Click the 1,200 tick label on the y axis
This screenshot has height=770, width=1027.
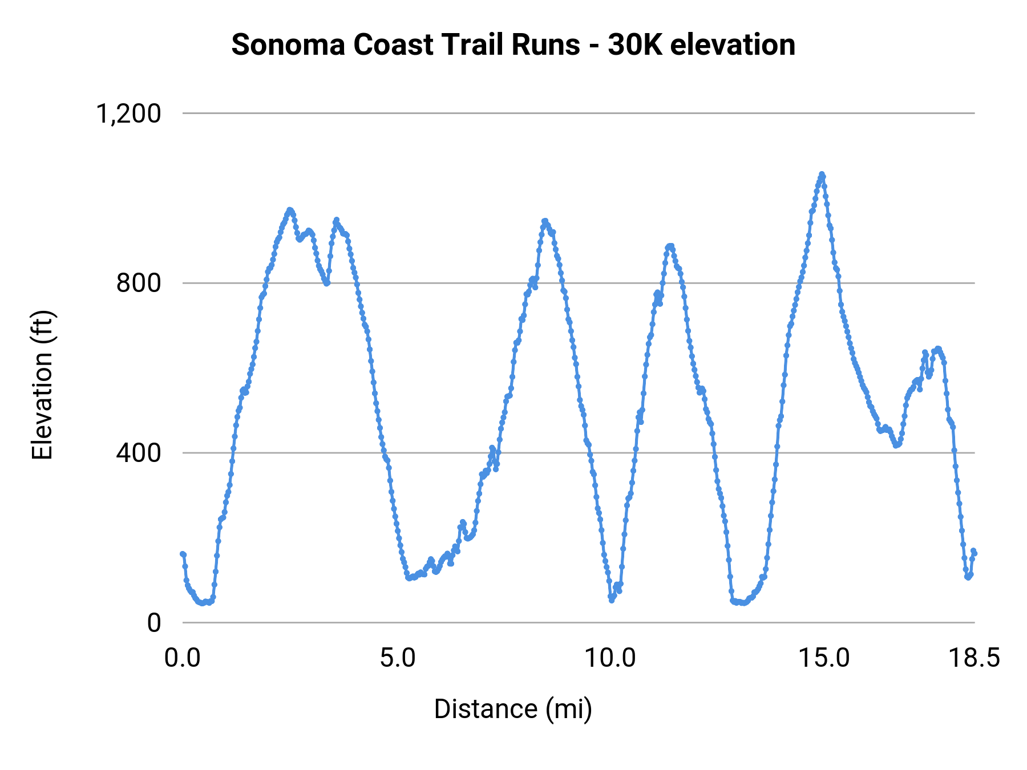[128, 114]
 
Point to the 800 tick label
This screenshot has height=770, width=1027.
[139, 283]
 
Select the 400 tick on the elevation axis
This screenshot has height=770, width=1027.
[139, 453]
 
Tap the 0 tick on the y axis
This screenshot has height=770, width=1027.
[153, 623]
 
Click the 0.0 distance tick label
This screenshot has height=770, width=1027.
[183, 658]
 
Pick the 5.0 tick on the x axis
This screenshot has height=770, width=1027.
[398, 658]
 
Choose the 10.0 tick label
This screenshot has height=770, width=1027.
[610, 658]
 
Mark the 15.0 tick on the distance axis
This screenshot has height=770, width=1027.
[824, 658]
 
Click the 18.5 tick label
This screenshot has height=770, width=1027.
[974, 658]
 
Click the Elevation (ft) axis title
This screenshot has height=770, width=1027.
[42, 385]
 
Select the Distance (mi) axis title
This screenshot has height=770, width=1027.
[513, 709]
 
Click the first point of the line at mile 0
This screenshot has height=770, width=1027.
[183, 554]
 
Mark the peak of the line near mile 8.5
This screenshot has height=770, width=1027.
[545, 221]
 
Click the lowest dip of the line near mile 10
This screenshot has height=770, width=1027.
[611, 600]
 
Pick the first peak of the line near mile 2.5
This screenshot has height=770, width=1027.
[290, 210]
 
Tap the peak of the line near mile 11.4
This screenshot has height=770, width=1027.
[670, 246]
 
